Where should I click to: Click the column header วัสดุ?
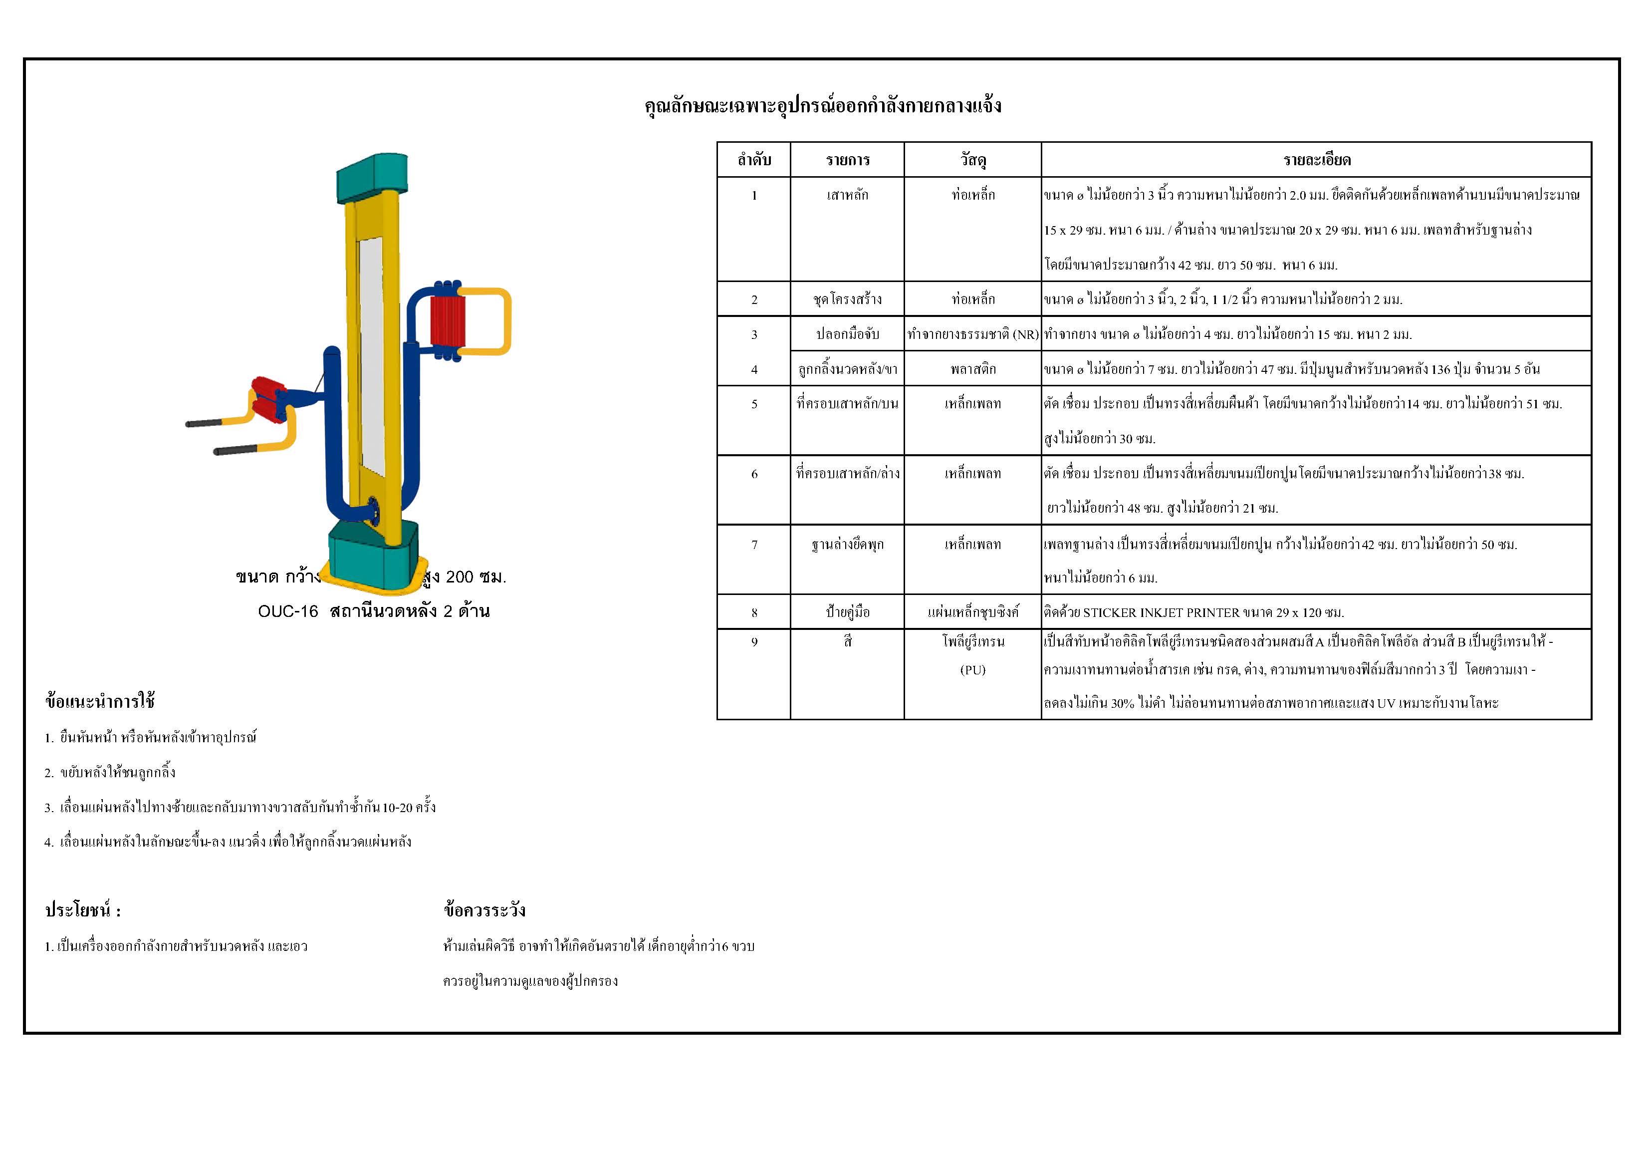(x=972, y=160)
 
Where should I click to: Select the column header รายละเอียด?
(x=1317, y=160)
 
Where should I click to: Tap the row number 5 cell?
(x=754, y=404)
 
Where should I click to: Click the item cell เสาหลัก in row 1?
(x=847, y=195)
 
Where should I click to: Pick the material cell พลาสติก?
(x=972, y=369)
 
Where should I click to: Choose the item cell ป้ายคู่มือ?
(x=847, y=612)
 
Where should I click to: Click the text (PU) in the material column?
(x=972, y=669)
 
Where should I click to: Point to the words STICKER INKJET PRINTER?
(x=1161, y=612)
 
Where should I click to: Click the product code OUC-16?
(x=287, y=611)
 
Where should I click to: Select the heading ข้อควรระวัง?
(x=484, y=910)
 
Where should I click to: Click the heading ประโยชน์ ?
(x=83, y=910)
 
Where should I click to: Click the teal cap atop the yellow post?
(x=372, y=175)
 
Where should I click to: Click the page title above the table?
(x=823, y=106)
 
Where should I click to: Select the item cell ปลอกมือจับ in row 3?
(x=847, y=334)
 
